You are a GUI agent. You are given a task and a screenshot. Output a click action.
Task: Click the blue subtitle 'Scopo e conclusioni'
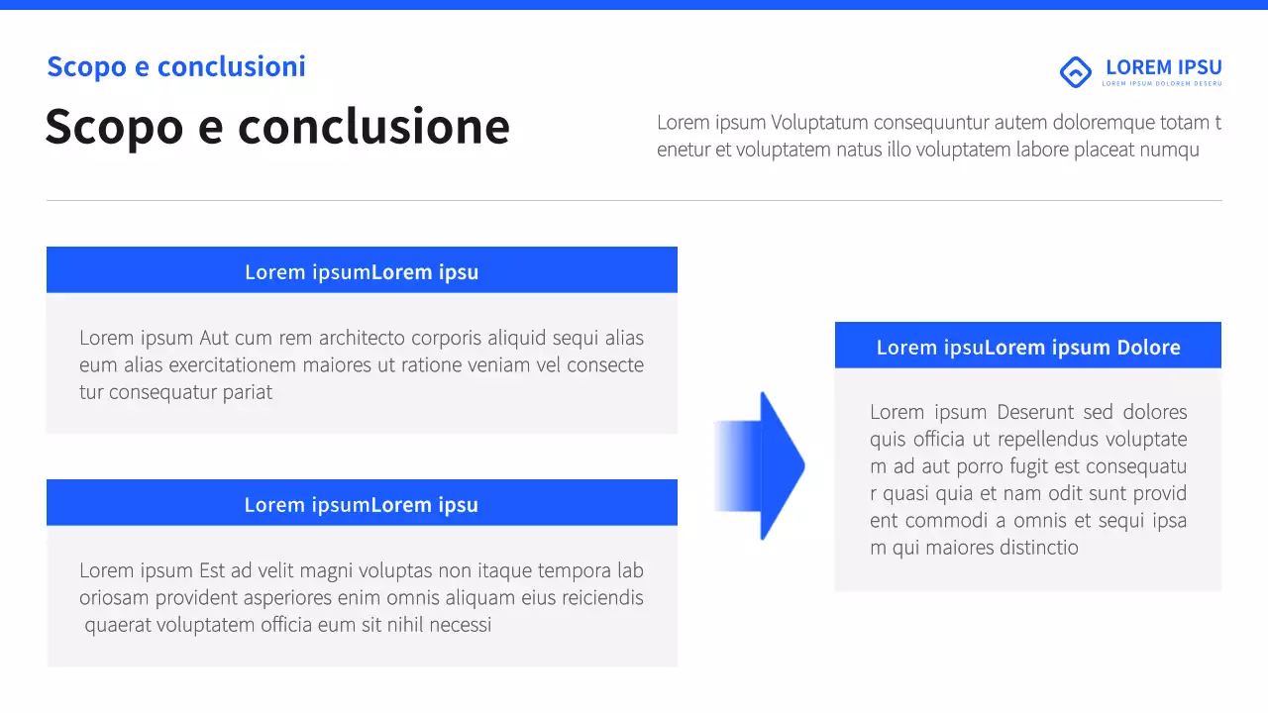(x=176, y=66)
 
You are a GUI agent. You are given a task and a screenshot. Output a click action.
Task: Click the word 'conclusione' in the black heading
(x=373, y=127)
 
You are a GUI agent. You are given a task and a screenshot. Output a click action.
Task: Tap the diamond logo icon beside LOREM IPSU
(x=1075, y=71)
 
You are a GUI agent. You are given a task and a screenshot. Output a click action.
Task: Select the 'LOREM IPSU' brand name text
(x=1163, y=67)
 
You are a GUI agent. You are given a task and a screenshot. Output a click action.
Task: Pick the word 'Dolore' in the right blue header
(x=1148, y=348)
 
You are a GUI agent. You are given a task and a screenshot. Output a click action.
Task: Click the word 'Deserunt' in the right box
(x=1034, y=412)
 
